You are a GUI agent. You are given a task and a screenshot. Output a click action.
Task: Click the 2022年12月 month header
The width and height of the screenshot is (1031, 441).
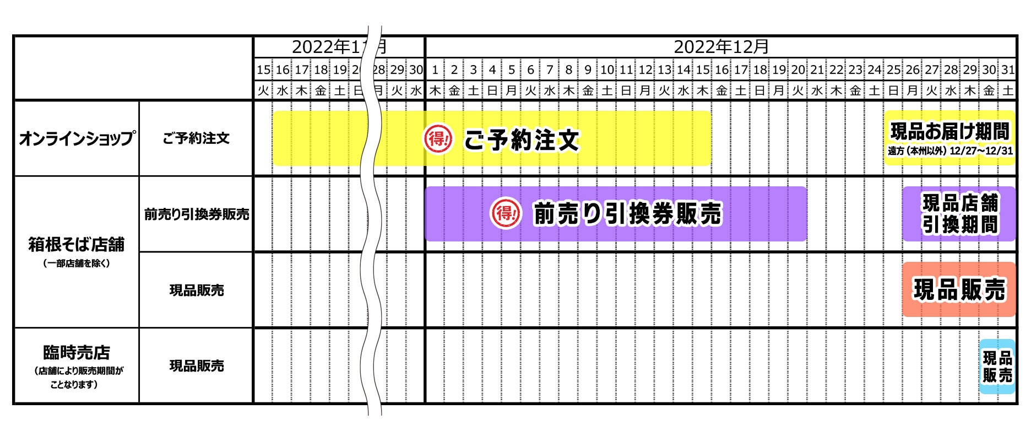click(x=721, y=47)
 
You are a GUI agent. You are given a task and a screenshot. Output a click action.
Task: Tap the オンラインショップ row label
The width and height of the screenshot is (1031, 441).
click(x=76, y=138)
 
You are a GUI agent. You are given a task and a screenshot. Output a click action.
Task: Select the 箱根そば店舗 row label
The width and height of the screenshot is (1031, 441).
click(x=76, y=244)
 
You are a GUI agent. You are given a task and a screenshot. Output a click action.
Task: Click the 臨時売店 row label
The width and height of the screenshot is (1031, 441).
click(x=76, y=352)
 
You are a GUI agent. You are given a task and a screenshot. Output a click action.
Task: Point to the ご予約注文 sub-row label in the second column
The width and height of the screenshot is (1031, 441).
click(x=196, y=138)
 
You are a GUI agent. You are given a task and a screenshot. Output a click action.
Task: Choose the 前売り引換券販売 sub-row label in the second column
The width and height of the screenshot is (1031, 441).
click(x=196, y=214)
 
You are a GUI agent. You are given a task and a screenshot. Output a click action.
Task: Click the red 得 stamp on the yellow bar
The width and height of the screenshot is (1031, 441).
click(x=438, y=138)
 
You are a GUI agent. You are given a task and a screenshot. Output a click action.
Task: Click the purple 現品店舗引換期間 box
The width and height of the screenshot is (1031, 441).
click(x=959, y=214)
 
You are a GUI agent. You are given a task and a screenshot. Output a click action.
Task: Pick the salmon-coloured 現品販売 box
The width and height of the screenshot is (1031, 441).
click(x=959, y=289)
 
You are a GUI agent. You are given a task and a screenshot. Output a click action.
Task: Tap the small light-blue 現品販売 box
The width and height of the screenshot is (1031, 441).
click(x=997, y=367)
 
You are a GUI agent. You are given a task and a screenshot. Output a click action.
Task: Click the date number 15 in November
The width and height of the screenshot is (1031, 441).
click(x=264, y=70)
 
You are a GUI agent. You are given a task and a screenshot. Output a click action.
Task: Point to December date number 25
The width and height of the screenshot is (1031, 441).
click(x=894, y=70)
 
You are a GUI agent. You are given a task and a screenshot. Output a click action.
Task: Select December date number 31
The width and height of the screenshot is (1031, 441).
click(x=1008, y=70)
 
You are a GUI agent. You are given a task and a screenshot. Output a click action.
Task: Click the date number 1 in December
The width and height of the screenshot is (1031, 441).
click(x=435, y=70)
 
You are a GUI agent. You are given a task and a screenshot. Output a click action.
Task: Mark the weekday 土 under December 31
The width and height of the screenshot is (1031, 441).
click(x=1008, y=91)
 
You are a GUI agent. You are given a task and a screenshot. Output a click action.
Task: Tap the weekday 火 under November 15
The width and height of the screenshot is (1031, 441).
click(x=264, y=91)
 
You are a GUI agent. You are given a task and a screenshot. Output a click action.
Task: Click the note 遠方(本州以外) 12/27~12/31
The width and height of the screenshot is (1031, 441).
click(x=950, y=150)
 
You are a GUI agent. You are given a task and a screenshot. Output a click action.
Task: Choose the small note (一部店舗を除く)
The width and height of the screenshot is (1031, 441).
click(x=76, y=263)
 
